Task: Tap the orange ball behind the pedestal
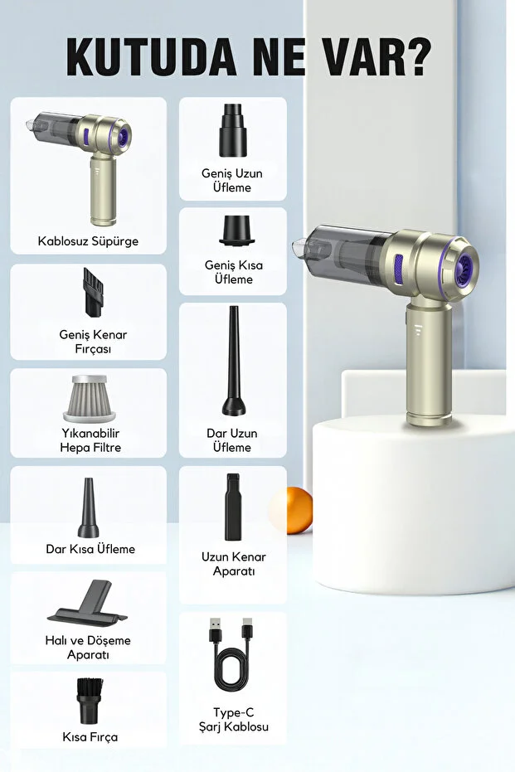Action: pyautogui.click(x=291, y=510)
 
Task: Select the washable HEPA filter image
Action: pyautogui.click(x=89, y=398)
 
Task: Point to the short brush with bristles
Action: pyautogui.click(x=90, y=701)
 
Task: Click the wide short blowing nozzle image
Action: pyautogui.click(x=237, y=230)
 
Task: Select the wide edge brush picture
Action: pyautogui.click(x=93, y=292)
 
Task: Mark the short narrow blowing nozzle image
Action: pyautogui.click(x=88, y=507)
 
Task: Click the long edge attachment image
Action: pyautogui.click(x=233, y=507)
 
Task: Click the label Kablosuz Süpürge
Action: pyautogui.click(x=88, y=241)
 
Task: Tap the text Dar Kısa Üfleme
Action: pyautogui.click(x=90, y=549)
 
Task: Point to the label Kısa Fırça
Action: pyautogui.click(x=90, y=737)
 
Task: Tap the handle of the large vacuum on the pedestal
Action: pyautogui.click(x=429, y=364)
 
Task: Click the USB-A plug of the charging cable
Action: pyautogui.click(x=216, y=631)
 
